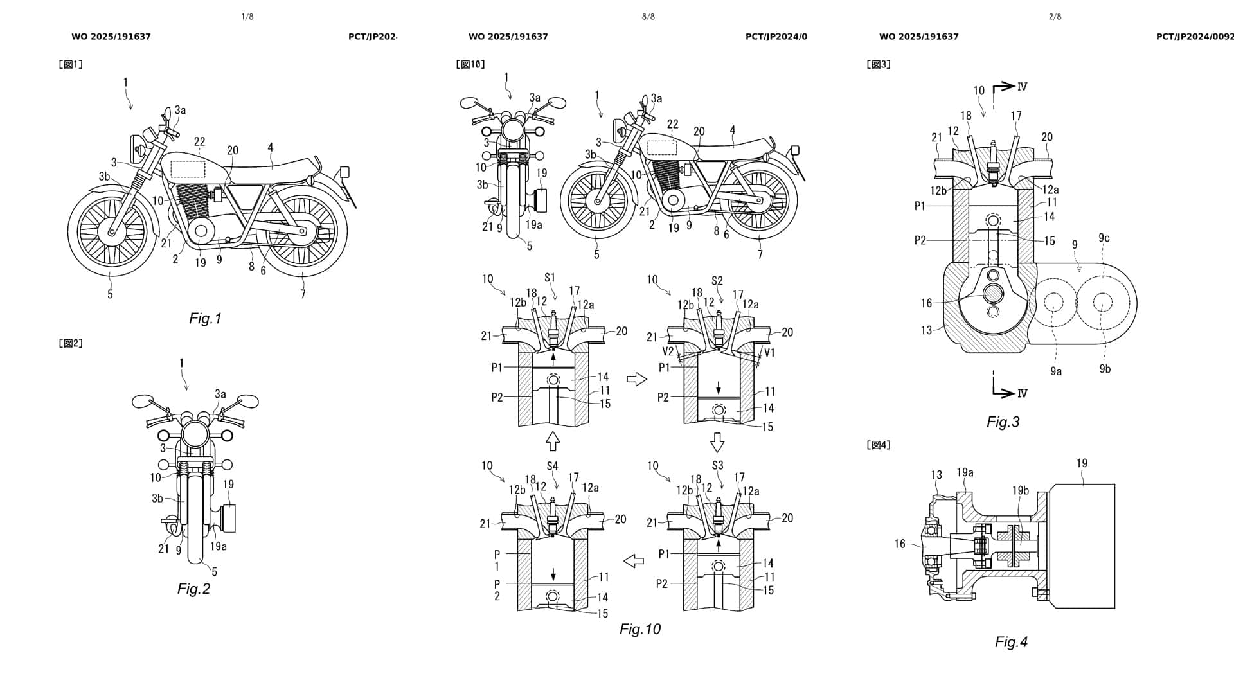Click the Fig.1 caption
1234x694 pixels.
pos(205,319)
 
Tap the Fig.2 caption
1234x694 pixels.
pos(193,589)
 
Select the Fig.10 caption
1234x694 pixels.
pos(639,629)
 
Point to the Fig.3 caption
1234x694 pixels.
pos(1003,422)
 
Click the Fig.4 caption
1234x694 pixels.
pos(1011,642)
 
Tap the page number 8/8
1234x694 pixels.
pos(648,17)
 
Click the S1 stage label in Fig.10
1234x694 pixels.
pos(550,278)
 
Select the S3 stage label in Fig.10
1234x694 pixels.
pos(717,465)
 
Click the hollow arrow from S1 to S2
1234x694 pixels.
pos(636,380)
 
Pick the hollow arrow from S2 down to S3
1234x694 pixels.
pos(717,442)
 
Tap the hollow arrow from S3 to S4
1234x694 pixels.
pos(634,561)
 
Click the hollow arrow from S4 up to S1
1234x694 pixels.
pos(552,441)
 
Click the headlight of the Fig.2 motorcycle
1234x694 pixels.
pos(193,435)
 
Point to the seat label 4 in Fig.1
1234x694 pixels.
pos(271,148)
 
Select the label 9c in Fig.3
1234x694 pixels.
pos(1104,238)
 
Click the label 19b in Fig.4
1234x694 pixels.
pos(1021,491)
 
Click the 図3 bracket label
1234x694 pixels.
pos(878,64)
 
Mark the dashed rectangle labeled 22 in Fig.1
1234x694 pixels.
pos(188,169)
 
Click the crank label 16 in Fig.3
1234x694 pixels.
pos(926,303)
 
